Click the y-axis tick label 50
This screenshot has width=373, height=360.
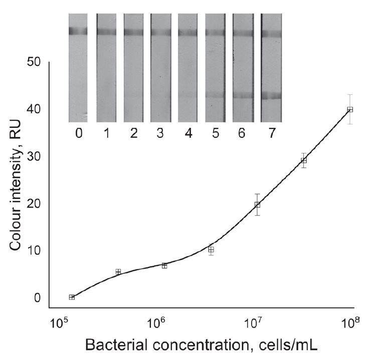coord(33,62)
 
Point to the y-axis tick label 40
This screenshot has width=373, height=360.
coord(33,109)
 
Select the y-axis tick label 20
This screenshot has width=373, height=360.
coord(33,204)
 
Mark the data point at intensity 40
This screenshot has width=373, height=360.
coord(350,109)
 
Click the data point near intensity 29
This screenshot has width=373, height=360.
coord(304,160)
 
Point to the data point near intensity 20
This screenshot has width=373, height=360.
coord(257,205)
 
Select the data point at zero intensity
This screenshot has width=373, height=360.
coord(72,297)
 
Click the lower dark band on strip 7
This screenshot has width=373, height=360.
coord(271,96)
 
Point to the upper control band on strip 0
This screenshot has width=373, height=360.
coord(78,32)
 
